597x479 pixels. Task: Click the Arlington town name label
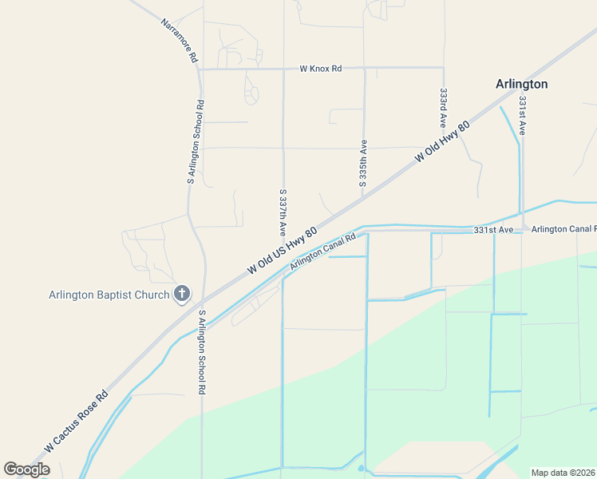[521, 84]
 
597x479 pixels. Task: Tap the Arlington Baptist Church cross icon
[181, 295]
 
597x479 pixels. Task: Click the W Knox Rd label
[321, 69]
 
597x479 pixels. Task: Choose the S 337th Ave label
[283, 212]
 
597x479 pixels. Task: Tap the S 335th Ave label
[363, 163]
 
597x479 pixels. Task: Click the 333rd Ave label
[443, 107]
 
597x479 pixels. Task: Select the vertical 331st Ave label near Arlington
[522, 116]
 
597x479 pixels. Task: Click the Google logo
[26, 469]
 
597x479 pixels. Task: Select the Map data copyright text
[563, 473]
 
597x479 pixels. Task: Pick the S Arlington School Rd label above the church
[196, 142]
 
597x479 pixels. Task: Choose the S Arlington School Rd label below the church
[203, 352]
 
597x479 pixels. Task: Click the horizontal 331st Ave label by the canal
[492, 230]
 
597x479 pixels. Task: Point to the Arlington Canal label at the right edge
[563, 230]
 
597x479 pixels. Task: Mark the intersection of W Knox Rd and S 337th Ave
[284, 69]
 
